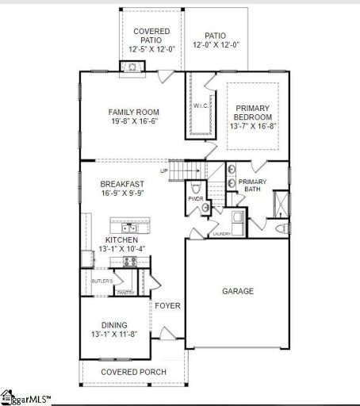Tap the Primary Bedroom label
pos(253,108)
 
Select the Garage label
pos(238,291)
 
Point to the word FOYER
pos(167,305)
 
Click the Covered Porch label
pos(132,372)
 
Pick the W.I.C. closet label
pos(200,105)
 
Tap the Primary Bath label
pos(253,186)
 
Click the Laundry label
pos(221,234)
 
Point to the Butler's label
pos(101,282)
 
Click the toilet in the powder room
pos(205,208)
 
